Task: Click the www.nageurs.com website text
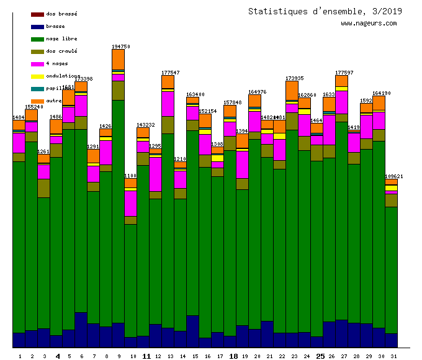tap(369, 24)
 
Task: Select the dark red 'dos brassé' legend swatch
tap(37, 14)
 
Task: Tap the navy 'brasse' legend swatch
tap(37, 27)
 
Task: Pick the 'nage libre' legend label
tap(62, 38)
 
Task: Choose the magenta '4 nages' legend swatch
tap(37, 64)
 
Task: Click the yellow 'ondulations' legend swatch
tap(37, 76)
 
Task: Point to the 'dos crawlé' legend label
tap(62, 51)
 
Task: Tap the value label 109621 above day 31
tap(393, 176)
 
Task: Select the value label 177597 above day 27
tap(344, 73)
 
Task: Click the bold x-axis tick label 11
tap(146, 356)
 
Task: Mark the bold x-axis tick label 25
tap(320, 356)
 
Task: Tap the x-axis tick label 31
tap(393, 356)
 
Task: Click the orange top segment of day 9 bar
tap(118, 60)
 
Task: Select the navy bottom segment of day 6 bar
tap(81, 330)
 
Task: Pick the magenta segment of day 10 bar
tap(130, 203)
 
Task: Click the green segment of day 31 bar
tap(391, 270)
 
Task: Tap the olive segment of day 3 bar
tap(43, 188)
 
